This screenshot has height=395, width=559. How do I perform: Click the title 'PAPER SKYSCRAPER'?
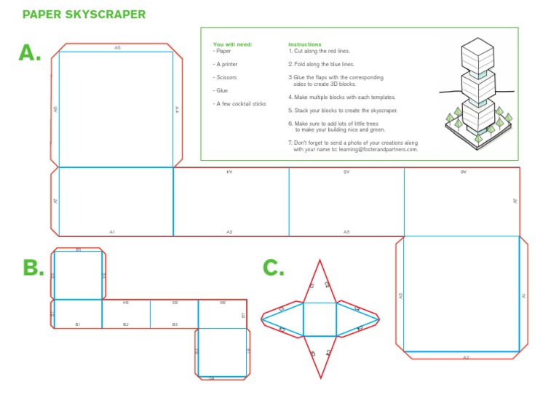84,14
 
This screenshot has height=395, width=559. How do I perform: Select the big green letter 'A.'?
30,53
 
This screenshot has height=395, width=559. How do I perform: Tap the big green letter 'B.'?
33,268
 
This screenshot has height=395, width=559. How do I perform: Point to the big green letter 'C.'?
273,268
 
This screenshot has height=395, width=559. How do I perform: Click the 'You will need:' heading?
232,44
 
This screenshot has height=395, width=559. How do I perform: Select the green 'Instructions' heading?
304,44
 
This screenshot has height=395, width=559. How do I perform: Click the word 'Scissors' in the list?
226,77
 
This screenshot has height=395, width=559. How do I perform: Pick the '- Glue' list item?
221,90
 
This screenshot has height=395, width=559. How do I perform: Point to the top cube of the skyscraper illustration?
477,52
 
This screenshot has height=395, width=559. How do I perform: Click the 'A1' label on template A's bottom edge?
112,231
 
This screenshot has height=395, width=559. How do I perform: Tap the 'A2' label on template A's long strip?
229,231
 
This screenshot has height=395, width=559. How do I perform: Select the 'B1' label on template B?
77,324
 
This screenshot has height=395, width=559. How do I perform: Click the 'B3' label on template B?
175,324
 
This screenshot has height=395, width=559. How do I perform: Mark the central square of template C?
320,319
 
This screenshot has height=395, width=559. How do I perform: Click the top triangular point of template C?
320,273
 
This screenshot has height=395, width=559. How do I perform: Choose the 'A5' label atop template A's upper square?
117,48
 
